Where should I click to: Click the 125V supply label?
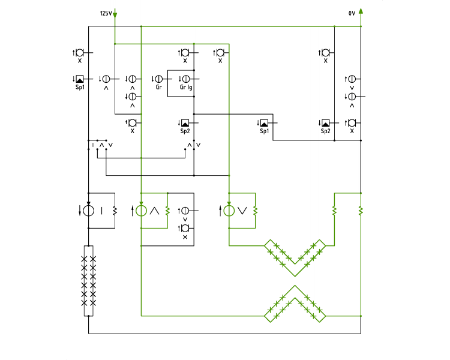(106, 13)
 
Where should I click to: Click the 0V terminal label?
(352, 13)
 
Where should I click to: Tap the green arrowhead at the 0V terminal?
(361, 11)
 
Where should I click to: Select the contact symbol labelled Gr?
(159, 79)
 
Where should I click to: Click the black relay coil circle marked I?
(88, 211)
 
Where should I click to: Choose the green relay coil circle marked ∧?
(141, 211)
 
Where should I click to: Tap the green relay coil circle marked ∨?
(229, 211)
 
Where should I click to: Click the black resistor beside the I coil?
(115, 211)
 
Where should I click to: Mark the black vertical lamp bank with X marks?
(88, 281)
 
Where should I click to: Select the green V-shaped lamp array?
(295, 258)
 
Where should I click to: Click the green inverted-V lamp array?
(295, 304)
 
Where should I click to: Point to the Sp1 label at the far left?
(80, 87)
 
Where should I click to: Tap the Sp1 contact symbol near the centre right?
(265, 123)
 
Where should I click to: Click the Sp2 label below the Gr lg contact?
(185, 131)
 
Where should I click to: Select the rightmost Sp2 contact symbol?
(326, 123)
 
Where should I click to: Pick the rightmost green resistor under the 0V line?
(361, 211)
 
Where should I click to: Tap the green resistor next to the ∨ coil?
(255, 211)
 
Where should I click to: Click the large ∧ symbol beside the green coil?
(154, 211)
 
